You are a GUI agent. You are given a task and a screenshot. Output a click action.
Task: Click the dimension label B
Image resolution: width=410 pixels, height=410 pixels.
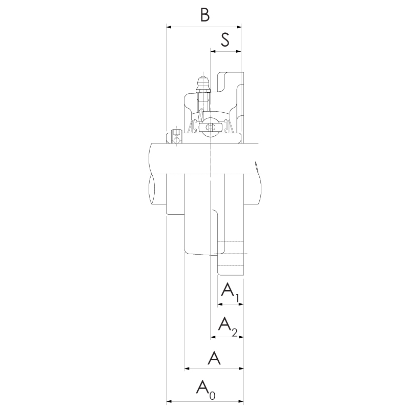pyautogui.click(x=205, y=15)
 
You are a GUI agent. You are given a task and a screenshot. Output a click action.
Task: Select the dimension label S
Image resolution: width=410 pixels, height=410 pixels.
pyautogui.click(x=225, y=40)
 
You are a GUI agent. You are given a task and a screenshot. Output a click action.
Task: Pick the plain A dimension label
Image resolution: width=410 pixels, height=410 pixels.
pyautogui.click(x=214, y=358)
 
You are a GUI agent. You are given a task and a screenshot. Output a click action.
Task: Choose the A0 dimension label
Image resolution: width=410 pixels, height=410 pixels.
pyautogui.click(x=206, y=390)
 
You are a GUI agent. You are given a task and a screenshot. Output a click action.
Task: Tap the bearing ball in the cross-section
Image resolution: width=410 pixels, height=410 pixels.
pyautogui.click(x=210, y=127)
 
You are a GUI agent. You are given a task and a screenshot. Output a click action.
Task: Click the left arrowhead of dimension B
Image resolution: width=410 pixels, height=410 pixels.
pyautogui.click(x=169, y=27)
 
